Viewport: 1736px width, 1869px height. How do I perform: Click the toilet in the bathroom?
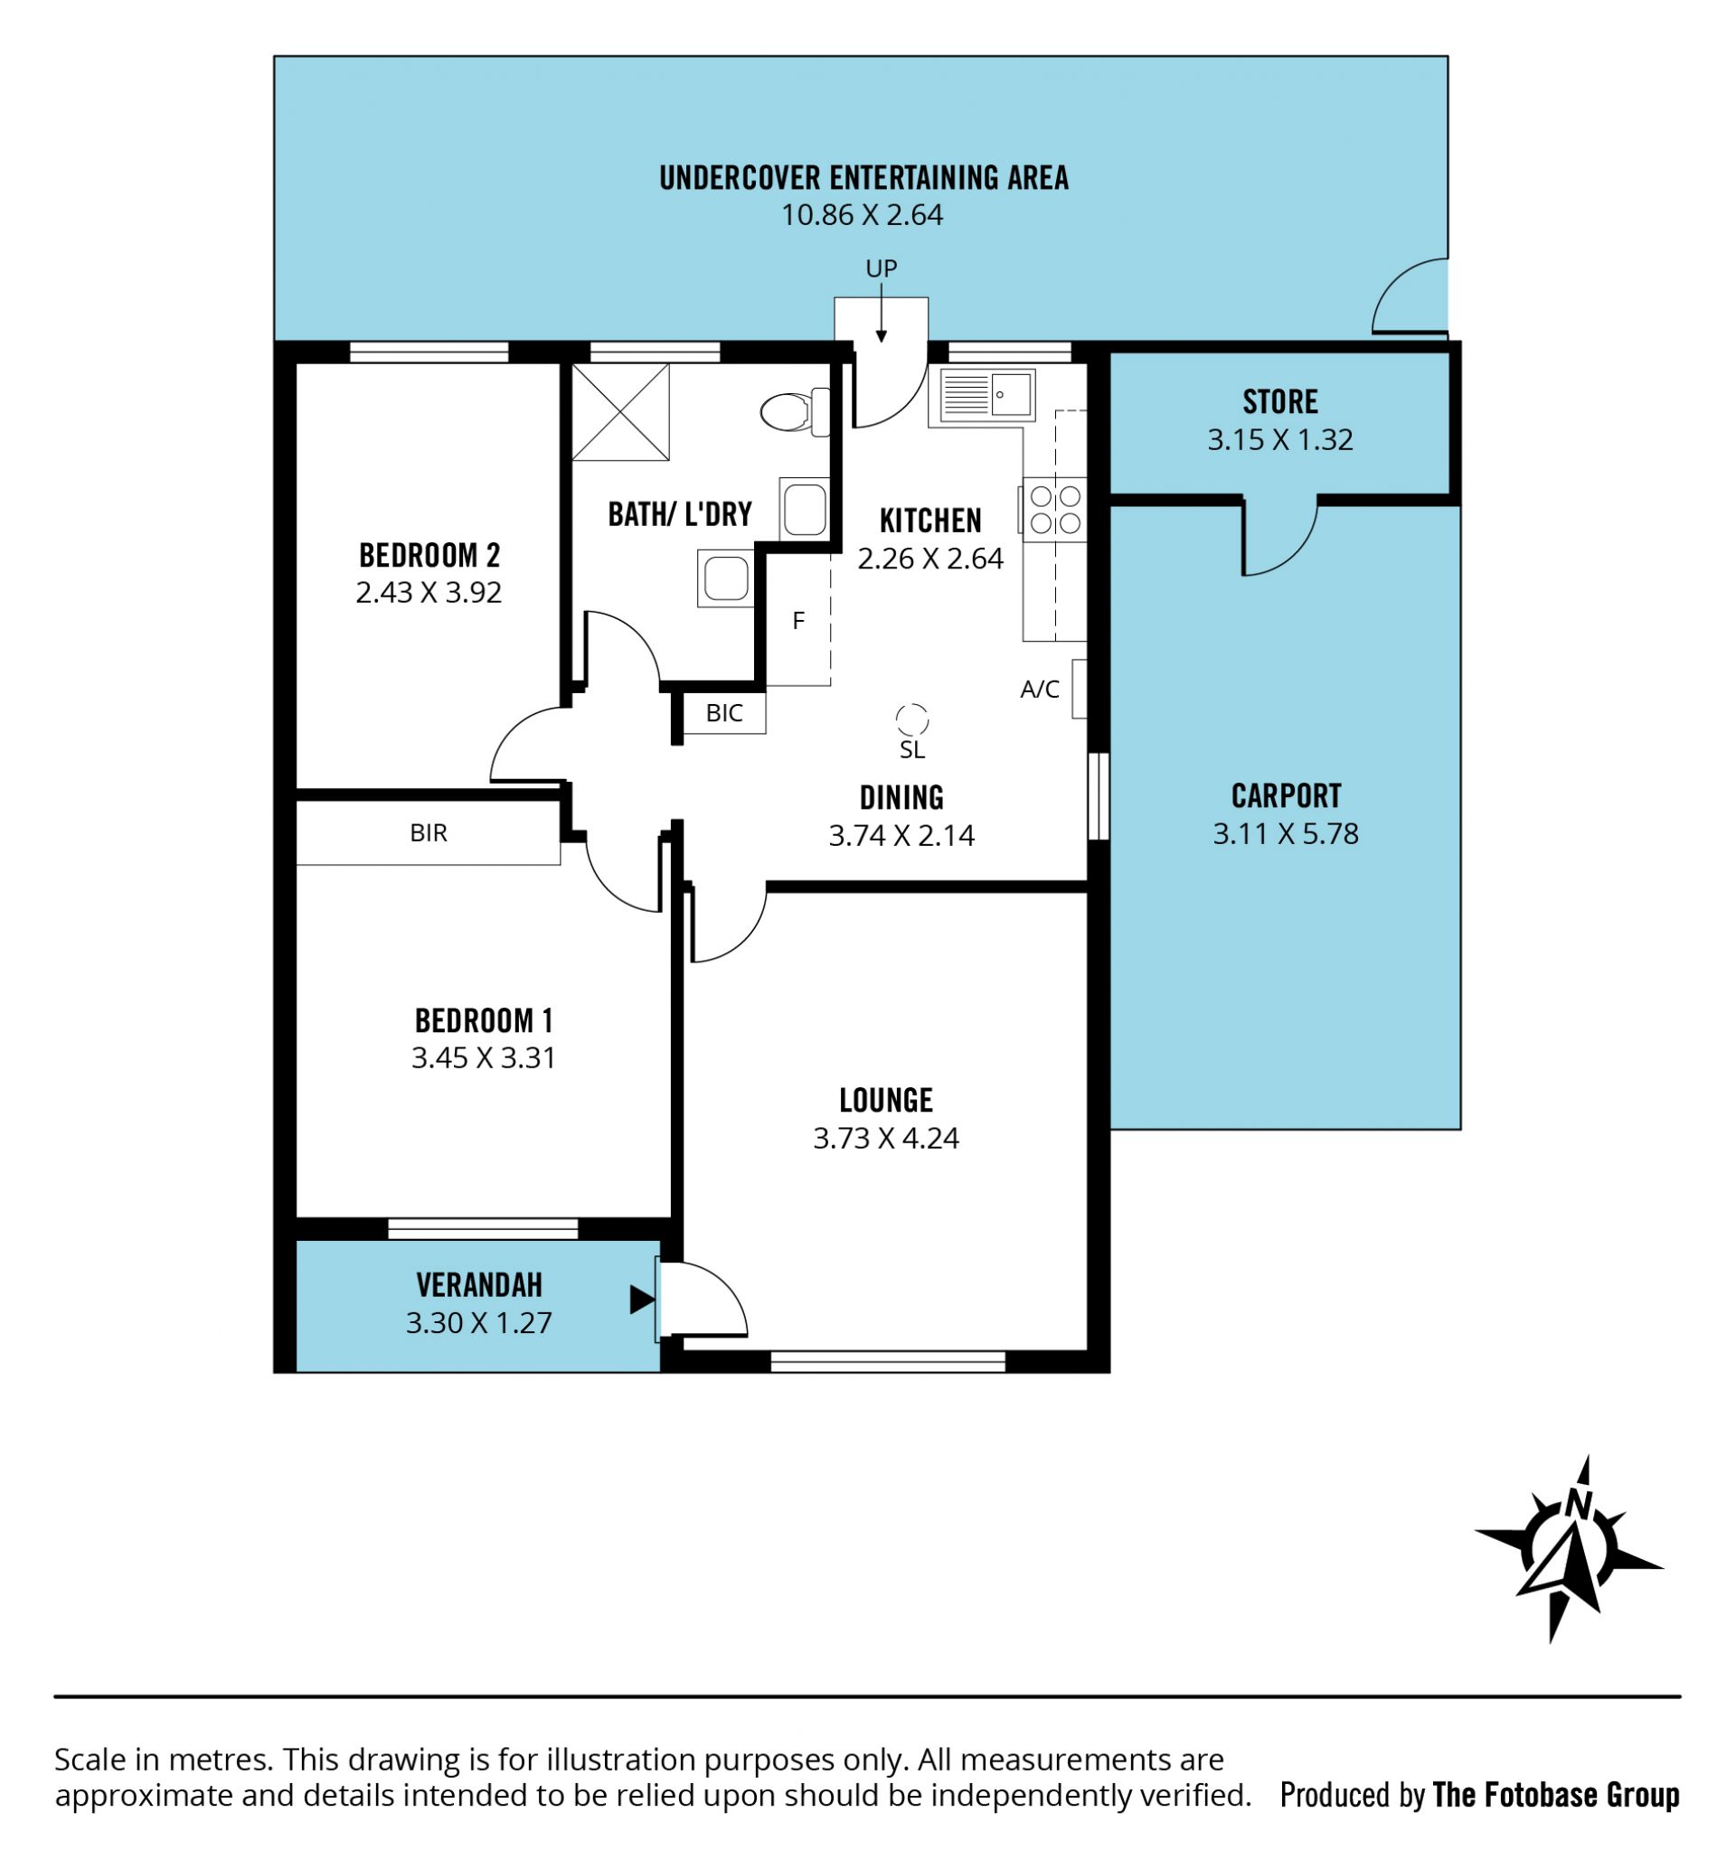click(x=794, y=411)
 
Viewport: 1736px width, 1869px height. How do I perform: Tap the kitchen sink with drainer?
click(x=986, y=393)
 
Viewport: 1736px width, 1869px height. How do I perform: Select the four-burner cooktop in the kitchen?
click(x=1054, y=509)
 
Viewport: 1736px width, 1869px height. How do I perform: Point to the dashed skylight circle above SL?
click(x=911, y=719)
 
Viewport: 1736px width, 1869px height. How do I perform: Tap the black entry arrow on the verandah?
click(x=643, y=1300)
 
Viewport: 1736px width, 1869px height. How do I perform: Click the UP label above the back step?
click(x=882, y=268)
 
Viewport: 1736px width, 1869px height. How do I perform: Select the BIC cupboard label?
click(x=724, y=713)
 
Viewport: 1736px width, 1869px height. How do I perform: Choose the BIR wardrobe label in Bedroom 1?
click(x=429, y=833)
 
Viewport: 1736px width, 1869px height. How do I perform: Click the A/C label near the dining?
click(x=1040, y=690)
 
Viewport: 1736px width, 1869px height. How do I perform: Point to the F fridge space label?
click(x=798, y=621)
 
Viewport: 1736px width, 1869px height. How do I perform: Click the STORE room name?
click(x=1280, y=402)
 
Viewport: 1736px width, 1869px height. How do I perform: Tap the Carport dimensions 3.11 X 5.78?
click(x=1285, y=833)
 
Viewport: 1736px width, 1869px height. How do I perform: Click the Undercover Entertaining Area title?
click(x=864, y=177)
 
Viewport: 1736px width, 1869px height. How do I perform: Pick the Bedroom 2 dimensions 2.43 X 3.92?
click(x=429, y=592)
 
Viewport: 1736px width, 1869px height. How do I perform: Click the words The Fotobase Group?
click(x=1556, y=1795)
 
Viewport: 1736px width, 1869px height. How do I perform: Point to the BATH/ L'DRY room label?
click(x=680, y=513)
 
